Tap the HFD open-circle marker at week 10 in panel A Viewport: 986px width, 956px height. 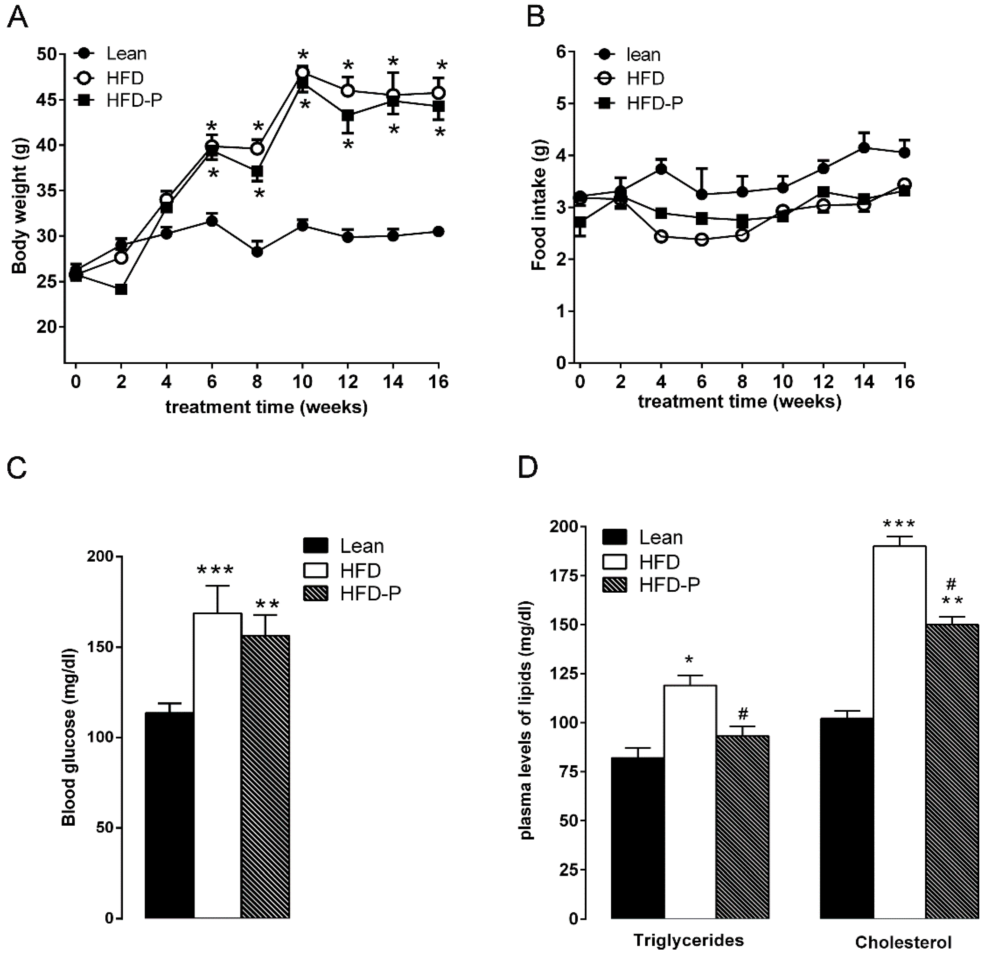(x=302, y=72)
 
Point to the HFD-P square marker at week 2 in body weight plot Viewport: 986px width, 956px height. (x=121, y=289)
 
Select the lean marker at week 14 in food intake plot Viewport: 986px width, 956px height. (x=864, y=148)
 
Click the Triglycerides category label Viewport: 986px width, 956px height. (x=688, y=940)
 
